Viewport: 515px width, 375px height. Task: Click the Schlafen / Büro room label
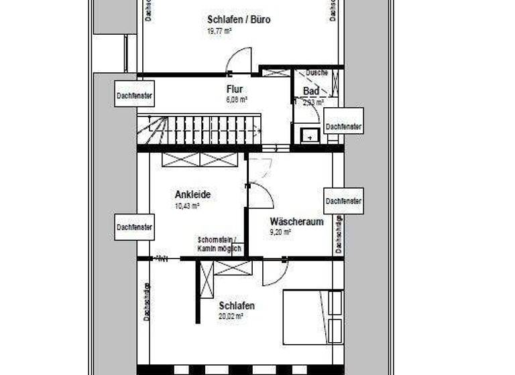pyautogui.click(x=239, y=19)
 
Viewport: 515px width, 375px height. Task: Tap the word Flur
pyautogui.click(x=234, y=88)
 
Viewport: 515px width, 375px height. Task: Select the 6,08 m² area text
pyautogui.click(x=237, y=99)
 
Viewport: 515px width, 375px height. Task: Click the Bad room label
pyautogui.click(x=310, y=91)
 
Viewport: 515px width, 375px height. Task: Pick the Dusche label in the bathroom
pyautogui.click(x=317, y=72)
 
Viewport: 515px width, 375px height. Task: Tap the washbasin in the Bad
pyautogui.click(x=310, y=135)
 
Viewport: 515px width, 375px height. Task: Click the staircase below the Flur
pyautogui.click(x=199, y=129)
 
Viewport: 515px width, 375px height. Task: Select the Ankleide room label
pyautogui.click(x=192, y=195)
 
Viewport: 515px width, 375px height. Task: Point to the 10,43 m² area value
pyautogui.click(x=187, y=206)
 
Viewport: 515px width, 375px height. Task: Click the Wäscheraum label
pyautogui.click(x=296, y=222)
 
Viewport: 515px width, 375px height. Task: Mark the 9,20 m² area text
pyautogui.click(x=280, y=232)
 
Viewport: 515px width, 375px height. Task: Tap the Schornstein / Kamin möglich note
pyautogui.click(x=219, y=244)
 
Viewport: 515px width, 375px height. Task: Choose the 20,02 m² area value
pyautogui.click(x=231, y=316)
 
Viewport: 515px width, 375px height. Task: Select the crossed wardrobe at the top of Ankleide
pyautogui.click(x=200, y=159)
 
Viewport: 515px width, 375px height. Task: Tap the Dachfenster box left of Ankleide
pyautogui.click(x=134, y=227)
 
